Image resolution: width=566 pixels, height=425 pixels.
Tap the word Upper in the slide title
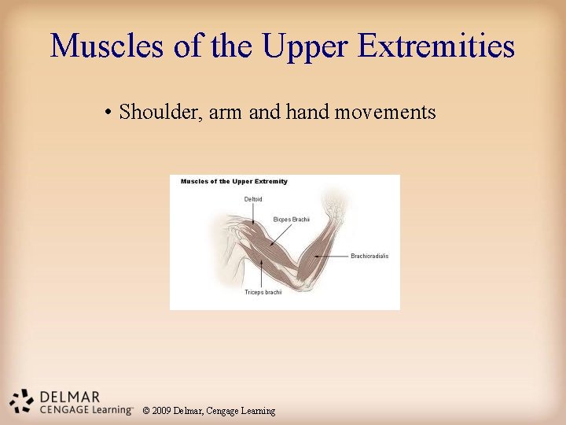click(303, 47)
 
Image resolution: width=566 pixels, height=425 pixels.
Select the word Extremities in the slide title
click(436, 46)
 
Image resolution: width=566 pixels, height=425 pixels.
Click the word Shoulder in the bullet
click(163, 113)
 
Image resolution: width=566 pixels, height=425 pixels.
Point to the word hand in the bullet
click(308, 112)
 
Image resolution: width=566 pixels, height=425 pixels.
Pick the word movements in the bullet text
click(385, 113)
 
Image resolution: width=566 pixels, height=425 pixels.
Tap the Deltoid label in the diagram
click(253, 199)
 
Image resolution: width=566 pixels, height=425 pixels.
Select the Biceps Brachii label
click(291, 219)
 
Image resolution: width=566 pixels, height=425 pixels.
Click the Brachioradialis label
click(369, 256)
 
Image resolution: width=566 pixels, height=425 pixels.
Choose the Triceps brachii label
click(263, 292)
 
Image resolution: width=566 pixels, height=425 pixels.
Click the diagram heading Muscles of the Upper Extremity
click(234, 181)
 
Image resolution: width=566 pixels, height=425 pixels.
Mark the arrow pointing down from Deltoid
click(253, 214)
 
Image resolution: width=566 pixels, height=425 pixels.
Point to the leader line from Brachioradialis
click(334, 256)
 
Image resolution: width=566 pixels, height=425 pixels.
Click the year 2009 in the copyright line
click(162, 411)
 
